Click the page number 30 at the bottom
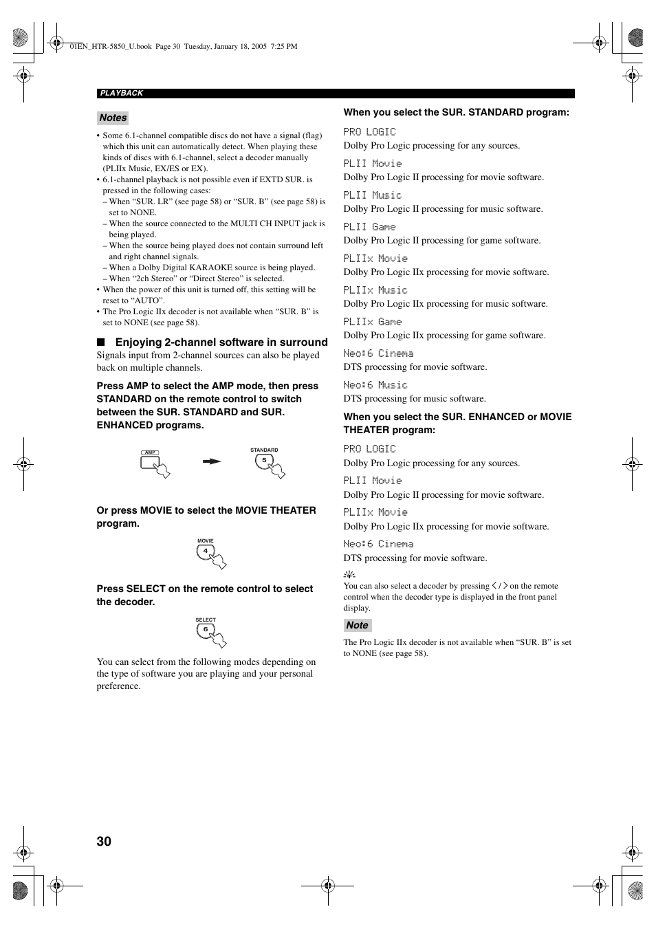104,841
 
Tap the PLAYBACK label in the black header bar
122,94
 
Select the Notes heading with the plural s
113,118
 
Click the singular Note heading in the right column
357,625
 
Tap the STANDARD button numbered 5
264,461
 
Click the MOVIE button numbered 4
205,551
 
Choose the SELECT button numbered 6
205,630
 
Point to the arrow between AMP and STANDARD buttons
212,461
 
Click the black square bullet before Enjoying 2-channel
101,342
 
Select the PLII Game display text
369,227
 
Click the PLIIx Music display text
375,290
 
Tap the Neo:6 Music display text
375,385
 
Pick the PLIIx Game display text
373,322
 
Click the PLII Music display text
373,195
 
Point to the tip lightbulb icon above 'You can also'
349,575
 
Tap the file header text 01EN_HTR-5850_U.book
110,47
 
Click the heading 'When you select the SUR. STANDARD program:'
456,112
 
